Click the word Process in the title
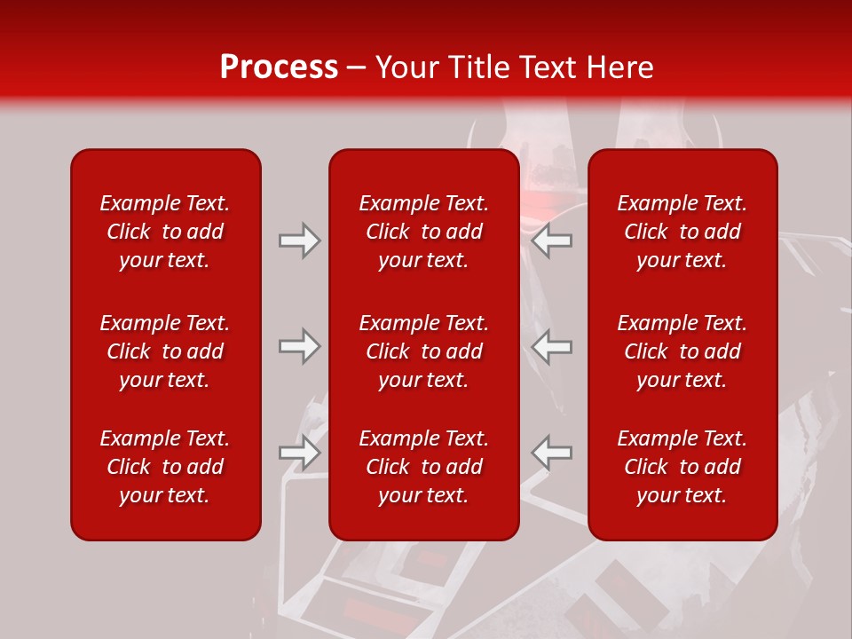pyautogui.click(x=279, y=67)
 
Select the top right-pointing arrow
pyautogui.click(x=300, y=241)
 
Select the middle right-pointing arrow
pyautogui.click(x=300, y=346)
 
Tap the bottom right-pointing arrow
pyautogui.click(x=300, y=453)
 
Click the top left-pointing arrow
pyautogui.click(x=551, y=241)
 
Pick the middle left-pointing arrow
pyautogui.click(x=551, y=346)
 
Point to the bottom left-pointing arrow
pyautogui.click(x=551, y=453)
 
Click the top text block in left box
pyautogui.click(x=165, y=232)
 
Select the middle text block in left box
pyautogui.click(x=165, y=351)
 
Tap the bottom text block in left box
pyautogui.click(x=165, y=467)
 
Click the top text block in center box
pyautogui.click(x=423, y=232)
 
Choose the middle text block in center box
pyautogui.click(x=423, y=351)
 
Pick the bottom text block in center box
pyautogui.click(x=423, y=467)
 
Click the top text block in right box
pyautogui.click(x=682, y=232)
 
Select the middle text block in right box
pyautogui.click(x=682, y=351)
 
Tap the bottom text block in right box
pyautogui.click(x=682, y=467)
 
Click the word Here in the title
pyautogui.click(x=620, y=67)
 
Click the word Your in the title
pyautogui.click(x=406, y=67)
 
